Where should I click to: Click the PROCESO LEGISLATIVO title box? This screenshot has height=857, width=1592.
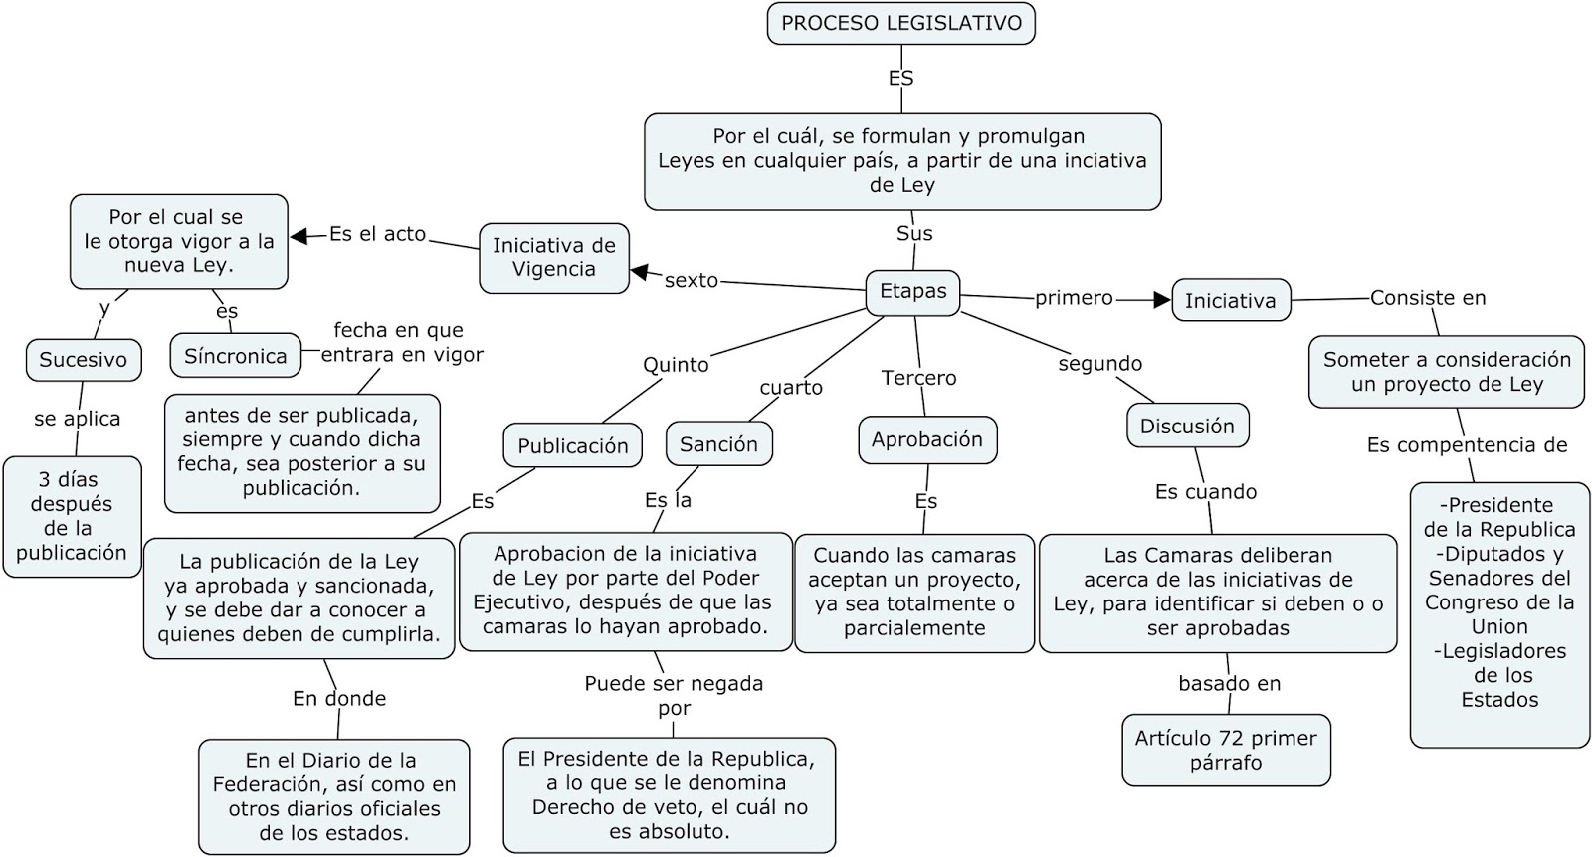tap(900, 24)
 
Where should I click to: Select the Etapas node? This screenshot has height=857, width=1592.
tap(912, 292)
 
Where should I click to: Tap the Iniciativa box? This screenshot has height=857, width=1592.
tap(1230, 301)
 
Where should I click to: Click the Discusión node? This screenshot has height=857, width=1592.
tap(1187, 427)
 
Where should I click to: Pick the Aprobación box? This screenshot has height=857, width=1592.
tap(926, 439)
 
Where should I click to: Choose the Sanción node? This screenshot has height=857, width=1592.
tap(718, 444)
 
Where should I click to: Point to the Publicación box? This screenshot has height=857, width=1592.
tap(572, 446)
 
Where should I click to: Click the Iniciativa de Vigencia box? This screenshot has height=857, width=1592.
tap(554, 257)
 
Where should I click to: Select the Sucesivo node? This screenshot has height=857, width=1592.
tap(84, 360)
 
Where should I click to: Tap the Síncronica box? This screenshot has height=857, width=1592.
tap(235, 356)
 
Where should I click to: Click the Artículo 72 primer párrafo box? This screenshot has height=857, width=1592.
tap(1226, 750)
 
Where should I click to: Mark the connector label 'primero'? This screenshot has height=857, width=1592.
tap(1074, 298)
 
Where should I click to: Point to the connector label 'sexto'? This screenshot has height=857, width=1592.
tap(692, 281)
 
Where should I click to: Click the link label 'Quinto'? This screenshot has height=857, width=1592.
tap(676, 365)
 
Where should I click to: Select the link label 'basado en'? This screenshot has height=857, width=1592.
tap(1230, 684)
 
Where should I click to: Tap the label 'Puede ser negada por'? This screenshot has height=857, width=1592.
tap(674, 696)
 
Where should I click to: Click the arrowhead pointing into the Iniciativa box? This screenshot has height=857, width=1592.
tap(1161, 299)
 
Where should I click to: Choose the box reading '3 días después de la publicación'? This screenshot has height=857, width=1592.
tap(72, 516)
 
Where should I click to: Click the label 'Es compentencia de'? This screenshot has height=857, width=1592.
tap(1467, 445)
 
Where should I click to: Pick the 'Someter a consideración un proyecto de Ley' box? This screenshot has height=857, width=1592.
tap(1446, 372)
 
